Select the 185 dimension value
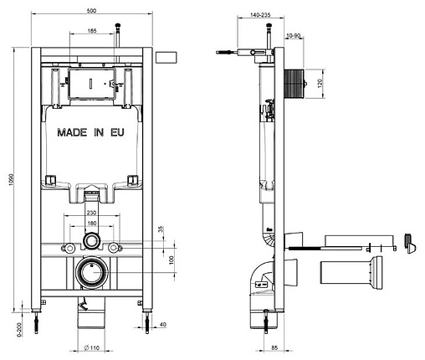pyautogui.click(x=92, y=31)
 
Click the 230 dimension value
pyautogui.click(x=90, y=214)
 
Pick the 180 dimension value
pyautogui.click(x=90, y=224)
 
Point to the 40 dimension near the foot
pyautogui.click(x=161, y=325)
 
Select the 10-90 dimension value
pyautogui.click(x=294, y=35)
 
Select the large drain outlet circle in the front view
pyautogui.click(x=90, y=273)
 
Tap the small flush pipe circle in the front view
pyautogui.click(x=90, y=242)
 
